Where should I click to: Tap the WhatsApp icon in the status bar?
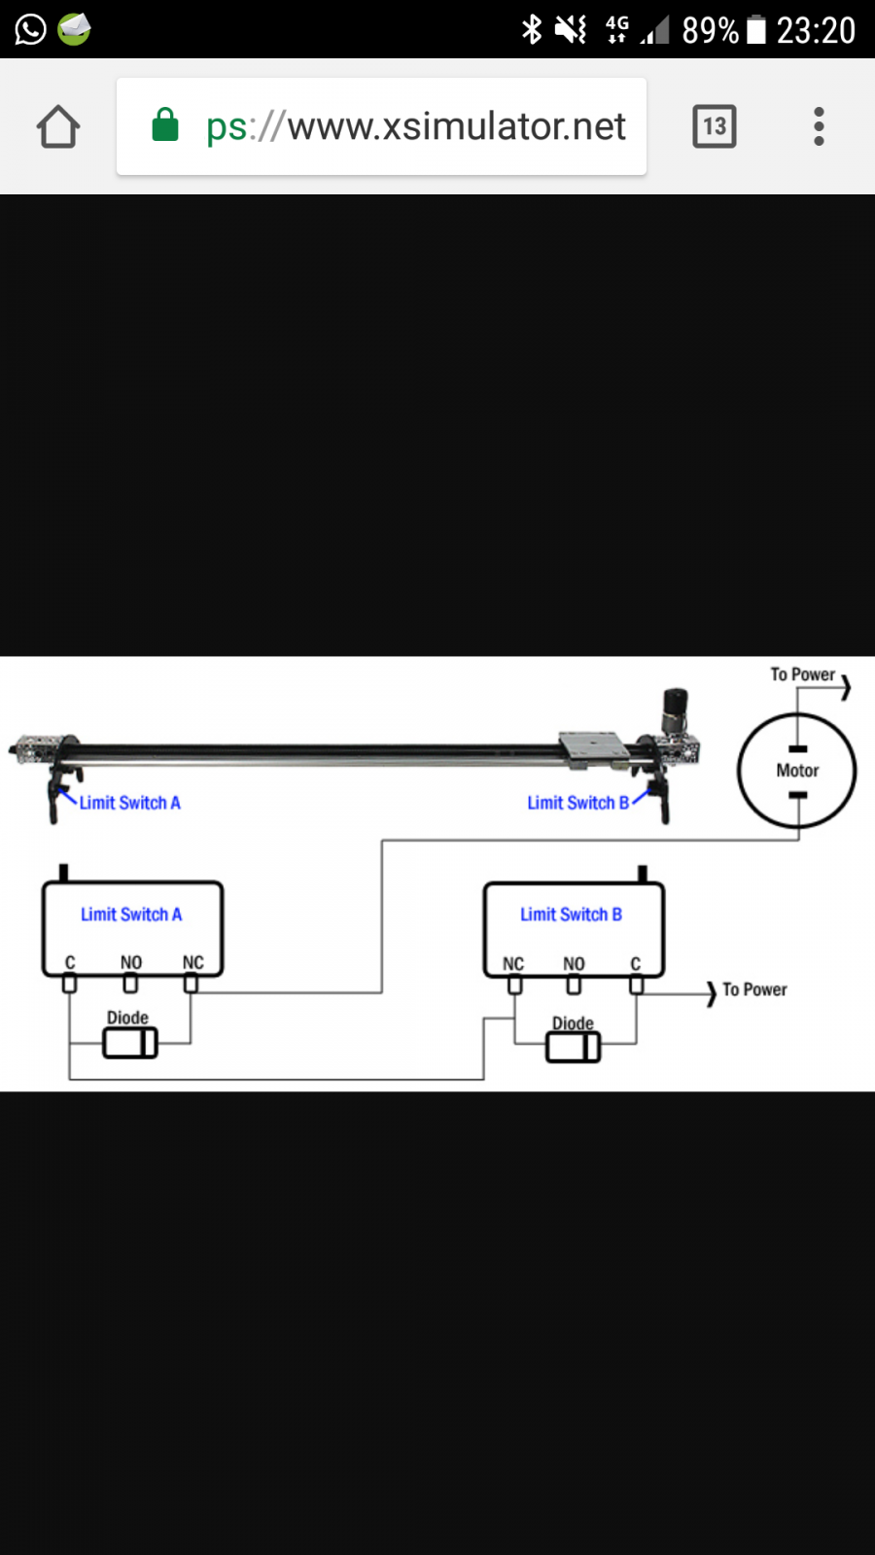[x=30, y=29]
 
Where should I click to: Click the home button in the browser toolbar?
[x=58, y=126]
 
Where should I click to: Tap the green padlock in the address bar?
[x=165, y=125]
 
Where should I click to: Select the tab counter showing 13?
[x=715, y=126]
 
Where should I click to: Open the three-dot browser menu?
[x=819, y=126]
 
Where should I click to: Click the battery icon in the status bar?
[x=756, y=29]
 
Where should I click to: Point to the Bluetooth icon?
[x=532, y=29]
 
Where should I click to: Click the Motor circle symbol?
[x=797, y=771]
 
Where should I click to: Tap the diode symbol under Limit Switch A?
[x=130, y=1044]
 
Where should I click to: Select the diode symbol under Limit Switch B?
[x=574, y=1048]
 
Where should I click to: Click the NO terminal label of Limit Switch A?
[x=131, y=962]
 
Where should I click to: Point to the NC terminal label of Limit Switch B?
[x=513, y=964]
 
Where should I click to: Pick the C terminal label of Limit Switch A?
[x=70, y=962]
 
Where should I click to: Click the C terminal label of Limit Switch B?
[x=636, y=964]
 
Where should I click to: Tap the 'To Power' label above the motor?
[x=802, y=674]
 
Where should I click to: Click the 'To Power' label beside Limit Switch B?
[x=754, y=989]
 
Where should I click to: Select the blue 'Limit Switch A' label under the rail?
[x=130, y=803]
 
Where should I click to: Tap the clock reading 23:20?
[x=816, y=30]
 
